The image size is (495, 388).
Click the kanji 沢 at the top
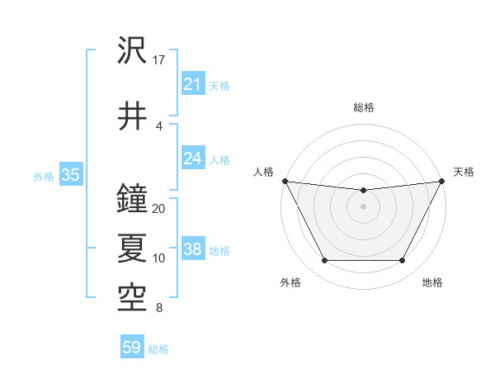(x=132, y=51)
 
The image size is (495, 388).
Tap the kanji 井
(x=132, y=116)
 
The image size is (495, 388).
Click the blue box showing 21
(x=192, y=84)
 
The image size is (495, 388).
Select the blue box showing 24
(x=192, y=159)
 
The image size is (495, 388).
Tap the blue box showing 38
(x=192, y=249)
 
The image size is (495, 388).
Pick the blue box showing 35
(x=70, y=175)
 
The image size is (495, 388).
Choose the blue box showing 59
(x=132, y=348)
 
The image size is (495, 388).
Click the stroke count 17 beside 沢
(x=159, y=60)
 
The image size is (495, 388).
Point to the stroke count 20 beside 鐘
(x=159, y=209)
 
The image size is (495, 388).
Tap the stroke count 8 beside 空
(x=158, y=309)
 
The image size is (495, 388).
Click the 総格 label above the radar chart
(x=363, y=107)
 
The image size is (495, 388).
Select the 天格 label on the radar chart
(x=464, y=172)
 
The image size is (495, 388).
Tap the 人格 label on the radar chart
(x=262, y=172)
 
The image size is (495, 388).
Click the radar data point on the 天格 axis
(x=441, y=181)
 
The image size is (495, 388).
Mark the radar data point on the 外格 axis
(x=324, y=261)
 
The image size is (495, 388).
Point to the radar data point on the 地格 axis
(x=402, y=261)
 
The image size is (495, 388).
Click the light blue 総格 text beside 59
(x=158, y=348)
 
